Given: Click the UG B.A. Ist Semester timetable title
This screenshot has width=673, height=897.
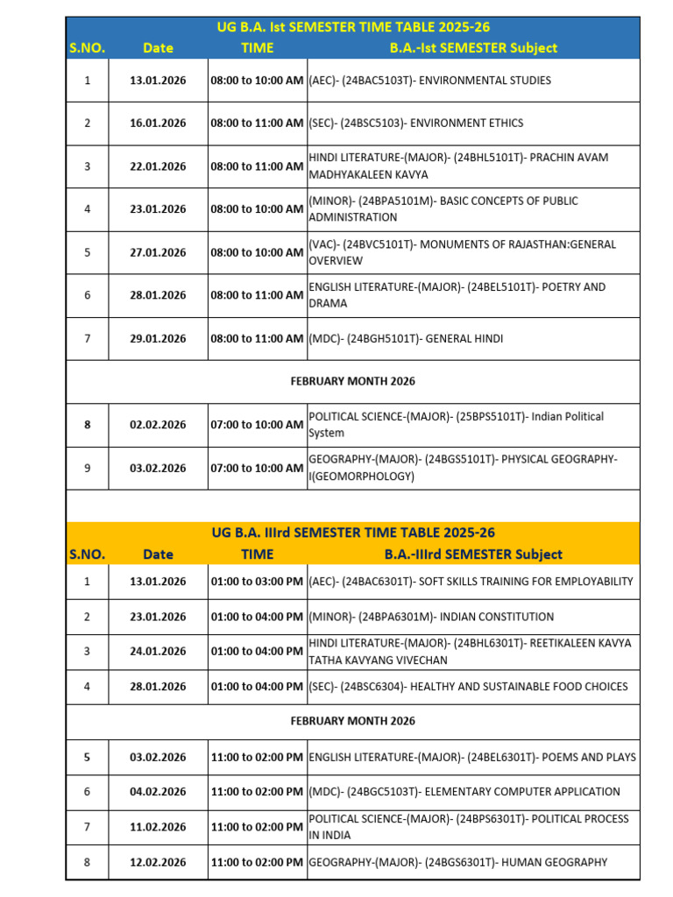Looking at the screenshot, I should coord(353,27).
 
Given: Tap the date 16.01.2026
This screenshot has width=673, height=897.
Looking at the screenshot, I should coord(158,124).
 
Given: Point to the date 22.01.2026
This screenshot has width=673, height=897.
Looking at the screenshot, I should coord(158,166).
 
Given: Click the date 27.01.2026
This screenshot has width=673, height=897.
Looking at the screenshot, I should coord(158,252).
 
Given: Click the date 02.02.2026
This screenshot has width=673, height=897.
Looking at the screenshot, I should coord(158,425).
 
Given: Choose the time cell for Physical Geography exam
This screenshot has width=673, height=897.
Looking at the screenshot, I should coord(257,468).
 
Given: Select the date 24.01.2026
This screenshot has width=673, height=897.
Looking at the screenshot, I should coord(158,651).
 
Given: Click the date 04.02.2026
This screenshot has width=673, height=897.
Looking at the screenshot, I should coord(158,792).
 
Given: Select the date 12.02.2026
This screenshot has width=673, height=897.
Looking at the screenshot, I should coord(158,863).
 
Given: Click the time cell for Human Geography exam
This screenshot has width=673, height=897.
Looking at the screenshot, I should coord(257,863).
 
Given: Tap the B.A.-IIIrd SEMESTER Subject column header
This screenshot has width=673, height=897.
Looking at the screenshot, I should coord(473,554).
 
